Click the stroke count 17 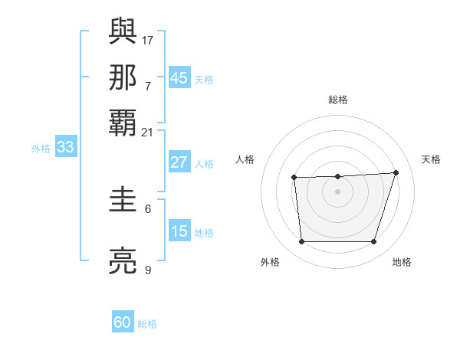149,39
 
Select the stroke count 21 147,132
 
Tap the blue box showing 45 179,78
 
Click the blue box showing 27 179,162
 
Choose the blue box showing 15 179,231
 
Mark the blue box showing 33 65,148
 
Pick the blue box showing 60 123,322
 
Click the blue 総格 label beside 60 148,324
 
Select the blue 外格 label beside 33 41,149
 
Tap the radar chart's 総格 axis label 338,100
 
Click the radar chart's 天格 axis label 432,159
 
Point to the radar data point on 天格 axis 396,172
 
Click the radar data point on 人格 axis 294,178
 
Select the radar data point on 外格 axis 302,242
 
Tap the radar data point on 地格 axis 373,242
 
